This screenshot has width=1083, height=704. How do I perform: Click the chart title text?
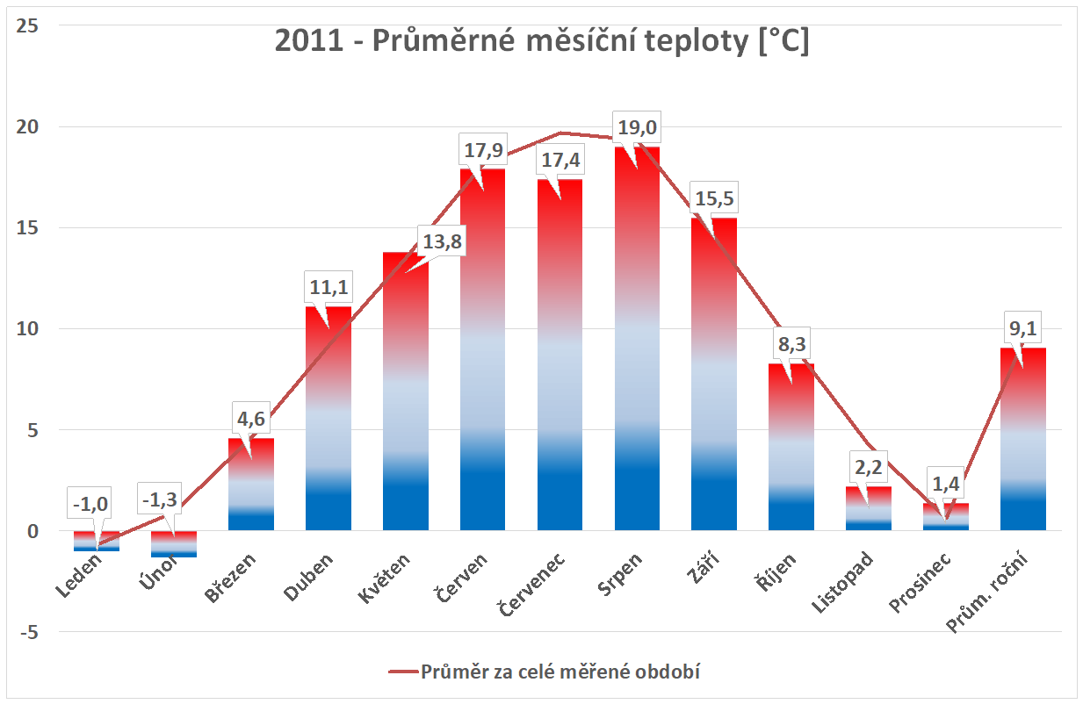[x=542, y=42]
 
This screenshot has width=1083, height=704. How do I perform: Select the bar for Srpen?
[x=638, y=351]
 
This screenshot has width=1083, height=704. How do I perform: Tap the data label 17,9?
[x=483, y=151]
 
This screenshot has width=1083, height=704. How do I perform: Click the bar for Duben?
[x=329, y=421]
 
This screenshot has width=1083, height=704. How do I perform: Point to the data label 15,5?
[x=714, y=198]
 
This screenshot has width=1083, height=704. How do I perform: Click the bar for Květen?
[x=406, y=395]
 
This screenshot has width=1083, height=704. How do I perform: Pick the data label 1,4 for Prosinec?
[x=945, y=484]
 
